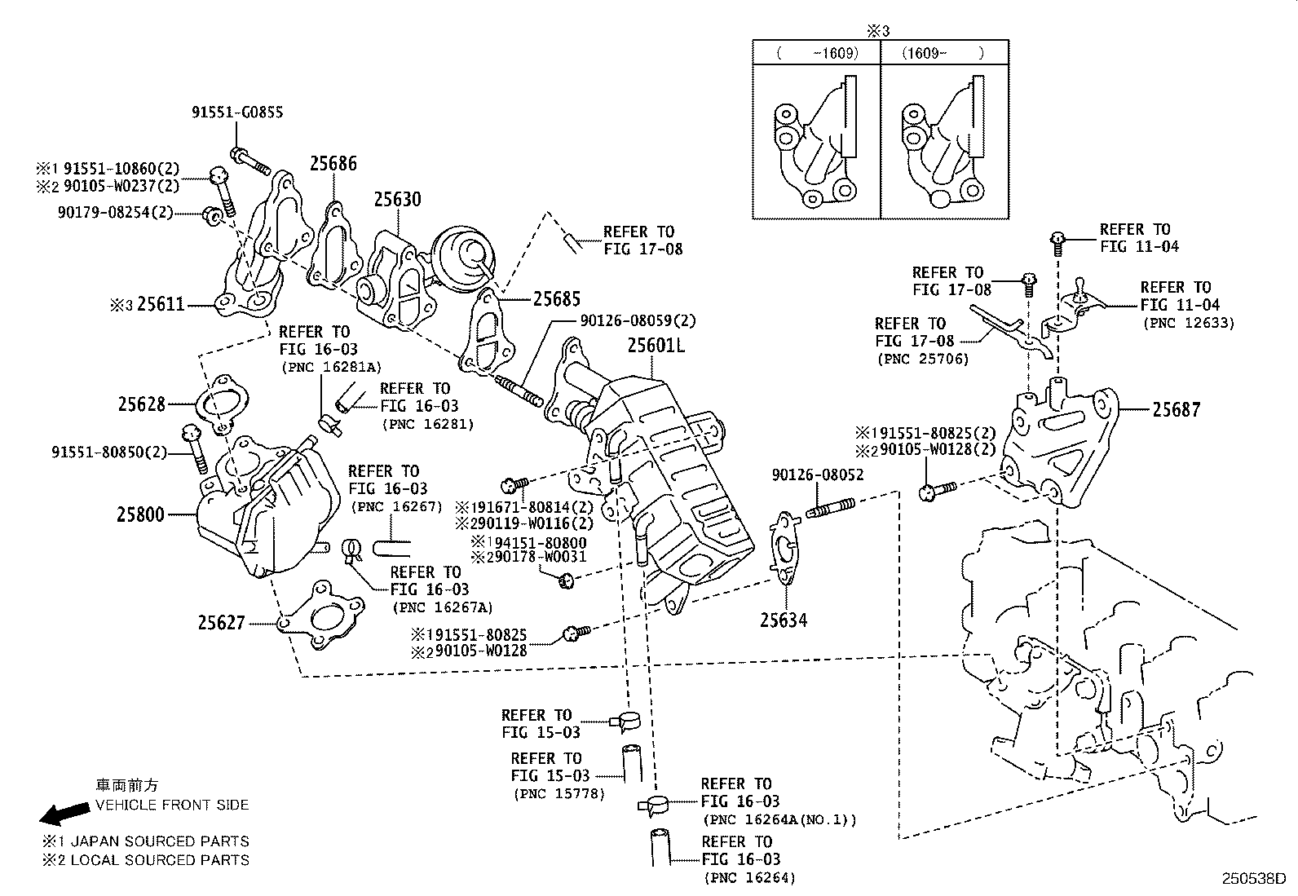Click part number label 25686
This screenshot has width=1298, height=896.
tap(333, 164)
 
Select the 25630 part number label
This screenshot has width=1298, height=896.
tap(398, 199)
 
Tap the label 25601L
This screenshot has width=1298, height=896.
tap(656, 346)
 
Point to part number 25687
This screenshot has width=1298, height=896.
tap(1176, 409)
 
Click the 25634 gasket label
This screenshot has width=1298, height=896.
tap(784, 620)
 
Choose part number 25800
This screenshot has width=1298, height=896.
tap(140, 514)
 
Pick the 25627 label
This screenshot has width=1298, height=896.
tap(221, 623)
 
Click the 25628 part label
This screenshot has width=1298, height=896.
tap(141, 404)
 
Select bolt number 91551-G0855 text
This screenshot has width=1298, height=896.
tap(237, 113)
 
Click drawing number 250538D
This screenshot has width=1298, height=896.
tap(1252, 880)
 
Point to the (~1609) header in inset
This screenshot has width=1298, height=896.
tap(817, 53)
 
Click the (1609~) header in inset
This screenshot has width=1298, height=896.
tap(943, 53)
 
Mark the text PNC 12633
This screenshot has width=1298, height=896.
tap(1189, 323)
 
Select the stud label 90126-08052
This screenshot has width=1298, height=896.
tap(817, 474)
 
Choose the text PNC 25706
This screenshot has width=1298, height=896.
tap(923, 358)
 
